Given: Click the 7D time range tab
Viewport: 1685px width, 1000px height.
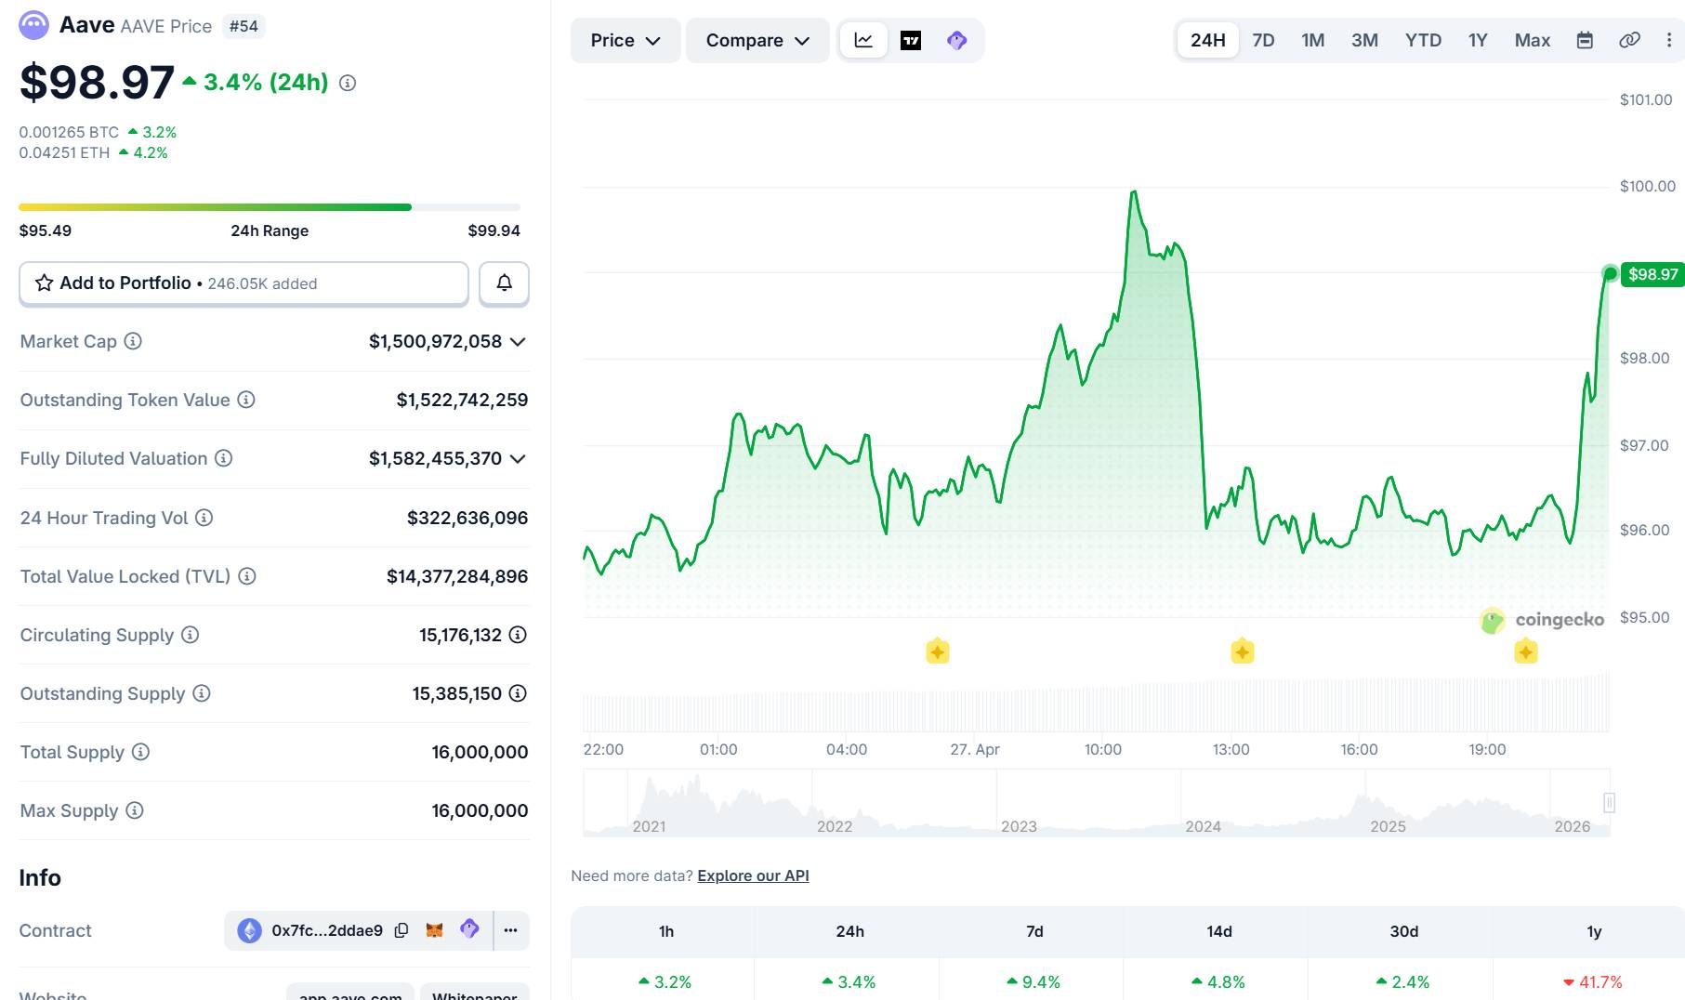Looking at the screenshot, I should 1263,40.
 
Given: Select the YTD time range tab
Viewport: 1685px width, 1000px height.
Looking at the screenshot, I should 1423,40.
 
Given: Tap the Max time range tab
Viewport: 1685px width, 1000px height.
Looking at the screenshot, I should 1532,40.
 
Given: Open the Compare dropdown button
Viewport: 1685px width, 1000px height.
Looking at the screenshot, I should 757,41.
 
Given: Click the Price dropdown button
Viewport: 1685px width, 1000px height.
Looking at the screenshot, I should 625,41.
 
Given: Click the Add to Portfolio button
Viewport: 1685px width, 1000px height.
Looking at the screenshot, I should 244,283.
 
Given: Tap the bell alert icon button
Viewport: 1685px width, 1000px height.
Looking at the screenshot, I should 504,283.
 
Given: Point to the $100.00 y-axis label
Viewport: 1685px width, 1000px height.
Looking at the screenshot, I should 1647,186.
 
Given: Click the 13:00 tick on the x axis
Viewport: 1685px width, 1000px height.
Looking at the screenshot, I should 1231,749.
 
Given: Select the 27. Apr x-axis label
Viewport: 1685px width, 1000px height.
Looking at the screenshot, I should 974,749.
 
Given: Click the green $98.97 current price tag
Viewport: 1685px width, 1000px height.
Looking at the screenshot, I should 1652,274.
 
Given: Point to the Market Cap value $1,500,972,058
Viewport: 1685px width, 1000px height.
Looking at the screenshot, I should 435,342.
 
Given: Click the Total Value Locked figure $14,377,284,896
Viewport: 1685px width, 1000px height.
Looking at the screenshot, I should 457,576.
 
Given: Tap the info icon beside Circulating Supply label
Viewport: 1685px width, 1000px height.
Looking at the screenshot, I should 190,635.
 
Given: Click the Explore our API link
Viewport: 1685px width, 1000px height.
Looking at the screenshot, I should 753,875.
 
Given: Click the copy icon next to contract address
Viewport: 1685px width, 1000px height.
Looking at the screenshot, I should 402,930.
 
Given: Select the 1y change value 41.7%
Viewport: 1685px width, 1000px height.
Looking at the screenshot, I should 1599,981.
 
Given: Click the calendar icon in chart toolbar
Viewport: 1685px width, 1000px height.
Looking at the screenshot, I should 1585,40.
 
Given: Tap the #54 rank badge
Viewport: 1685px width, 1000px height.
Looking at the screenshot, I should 244,26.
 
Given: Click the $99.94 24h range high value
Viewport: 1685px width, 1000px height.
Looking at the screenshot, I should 494,230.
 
